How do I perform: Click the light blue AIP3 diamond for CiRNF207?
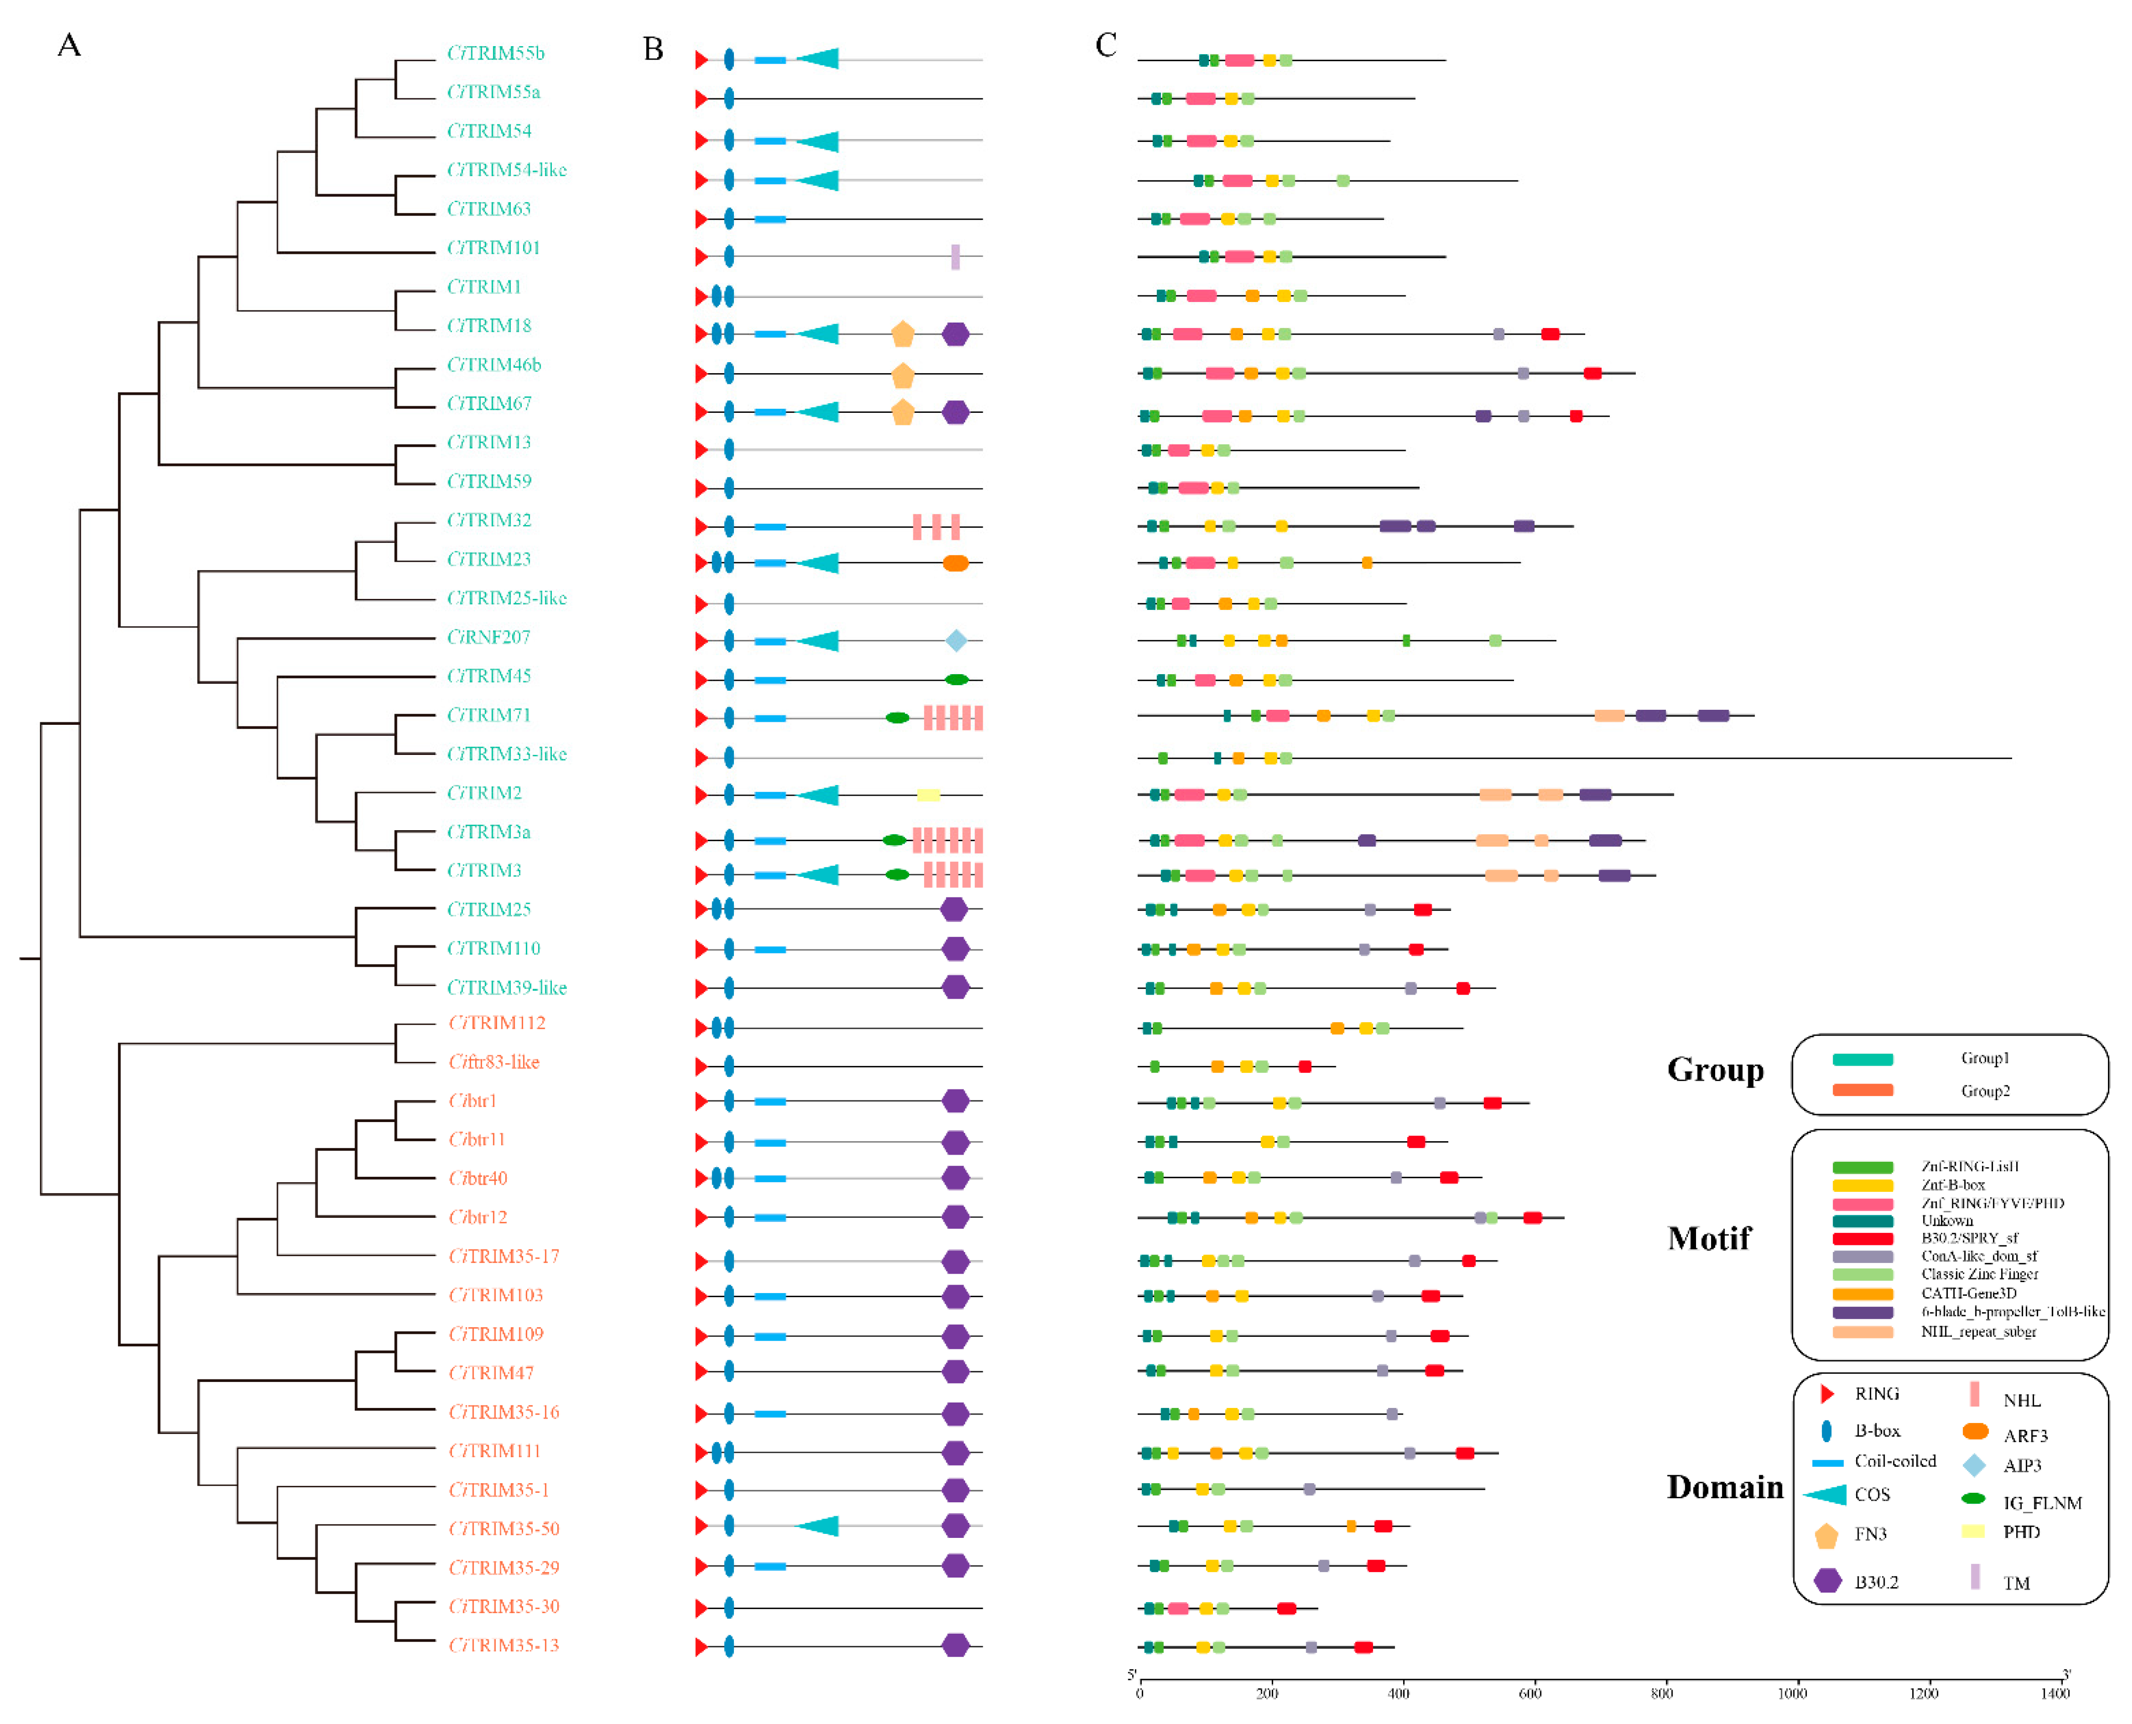pos(955,641)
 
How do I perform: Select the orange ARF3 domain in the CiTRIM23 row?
pos(955,563)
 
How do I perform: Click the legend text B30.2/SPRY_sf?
pos(1968,1238)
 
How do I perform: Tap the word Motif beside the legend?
pos(1709,1238)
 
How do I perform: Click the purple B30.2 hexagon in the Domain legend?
pos(1827,1581)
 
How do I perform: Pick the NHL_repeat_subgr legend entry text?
pos(1978,1332)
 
